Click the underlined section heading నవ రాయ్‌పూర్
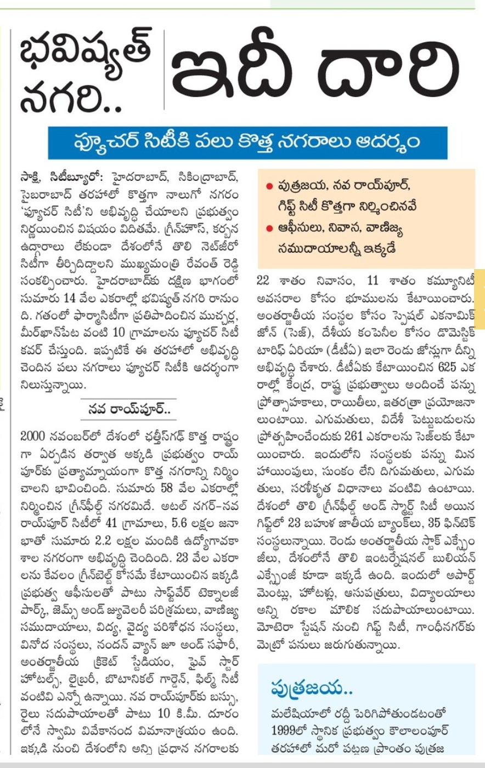pyautogui.click(x=129, y=408)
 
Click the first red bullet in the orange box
pyautogui.click(x=269, y=187)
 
